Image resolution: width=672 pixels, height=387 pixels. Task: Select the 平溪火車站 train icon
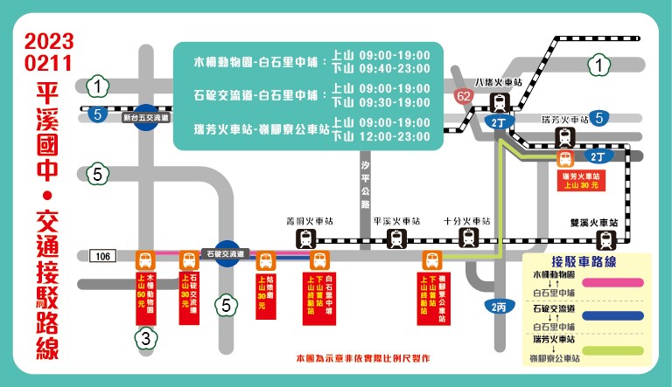(x=396, y=238)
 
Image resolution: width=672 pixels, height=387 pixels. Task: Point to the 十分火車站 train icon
(x=469, y=238)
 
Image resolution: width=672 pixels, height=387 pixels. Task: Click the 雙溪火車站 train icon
(x=605, y=238)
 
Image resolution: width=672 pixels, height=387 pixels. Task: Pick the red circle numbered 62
(x=465, y=97)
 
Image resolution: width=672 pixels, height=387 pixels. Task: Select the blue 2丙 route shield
(x=498, y=307)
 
